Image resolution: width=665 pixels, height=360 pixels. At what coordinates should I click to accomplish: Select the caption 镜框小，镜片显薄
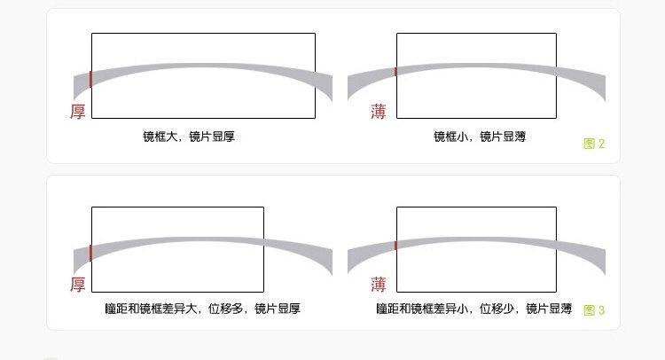[x=479, y=137]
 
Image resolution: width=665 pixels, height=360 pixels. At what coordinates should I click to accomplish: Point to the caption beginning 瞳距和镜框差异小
[x=473, y=309]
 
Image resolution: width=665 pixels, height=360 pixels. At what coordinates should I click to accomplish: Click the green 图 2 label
[x=594, y=144]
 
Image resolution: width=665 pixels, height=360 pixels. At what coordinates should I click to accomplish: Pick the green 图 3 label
[x=594, y=310]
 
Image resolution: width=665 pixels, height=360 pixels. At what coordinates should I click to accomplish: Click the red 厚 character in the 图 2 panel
[x=78, y=113]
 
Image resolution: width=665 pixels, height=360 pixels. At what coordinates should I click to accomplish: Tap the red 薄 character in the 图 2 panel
[x=379, y=113]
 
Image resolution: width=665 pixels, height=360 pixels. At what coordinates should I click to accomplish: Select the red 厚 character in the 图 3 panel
[x=78, y=285]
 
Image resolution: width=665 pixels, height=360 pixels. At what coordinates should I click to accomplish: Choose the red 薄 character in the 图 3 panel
[x=379, y=285]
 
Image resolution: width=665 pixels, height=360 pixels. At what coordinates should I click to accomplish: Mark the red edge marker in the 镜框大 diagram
[x=90, y=79]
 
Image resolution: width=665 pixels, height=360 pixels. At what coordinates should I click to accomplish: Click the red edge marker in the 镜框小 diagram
[x=395, y=71]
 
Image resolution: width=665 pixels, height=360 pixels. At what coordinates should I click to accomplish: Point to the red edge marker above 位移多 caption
[x=90, y=253]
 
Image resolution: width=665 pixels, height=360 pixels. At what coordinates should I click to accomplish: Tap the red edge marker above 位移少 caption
[x=395, y=245]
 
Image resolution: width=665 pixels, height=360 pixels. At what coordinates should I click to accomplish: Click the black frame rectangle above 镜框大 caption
[x=203, y=34]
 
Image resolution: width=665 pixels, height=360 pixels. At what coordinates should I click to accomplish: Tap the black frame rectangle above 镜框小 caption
[x=476, y=34]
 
